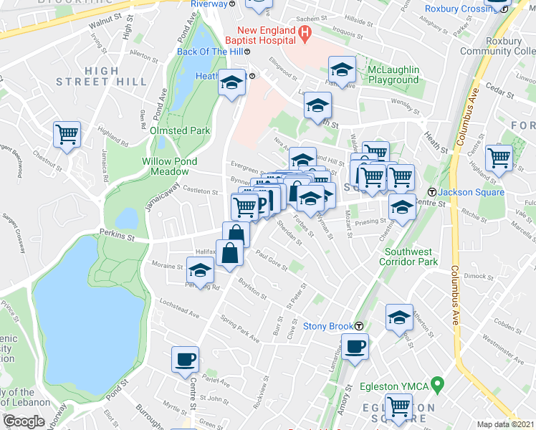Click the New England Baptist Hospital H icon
[305, 32]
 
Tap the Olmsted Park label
[180, 130]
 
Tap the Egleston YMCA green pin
[435, 387]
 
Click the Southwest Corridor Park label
[421, 257]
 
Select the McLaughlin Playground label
[393, 75]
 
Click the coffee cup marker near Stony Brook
[354, 348]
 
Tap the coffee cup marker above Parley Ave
[185, 359]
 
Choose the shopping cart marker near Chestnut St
[67, 134]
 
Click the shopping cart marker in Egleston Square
[399, 407]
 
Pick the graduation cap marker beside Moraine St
[200, 272]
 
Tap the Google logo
[24, 421]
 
